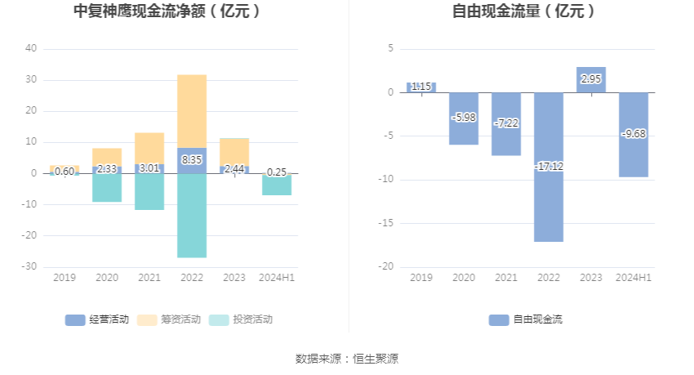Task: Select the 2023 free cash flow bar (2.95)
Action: (591, 80)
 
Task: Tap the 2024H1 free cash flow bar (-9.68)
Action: (634, 155)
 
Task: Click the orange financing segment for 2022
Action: (192, 111)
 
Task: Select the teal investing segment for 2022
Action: (192, 216)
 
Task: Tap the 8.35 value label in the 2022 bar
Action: (192, 160)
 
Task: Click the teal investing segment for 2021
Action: (149, 192)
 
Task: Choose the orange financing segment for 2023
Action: (234, 151)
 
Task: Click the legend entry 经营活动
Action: (97, 319)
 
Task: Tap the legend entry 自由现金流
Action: (526, 319)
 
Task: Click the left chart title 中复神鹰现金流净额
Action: (167, 11)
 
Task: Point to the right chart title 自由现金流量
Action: (523, 11)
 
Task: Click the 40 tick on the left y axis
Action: (31, 48)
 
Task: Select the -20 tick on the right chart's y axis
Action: (385, 267)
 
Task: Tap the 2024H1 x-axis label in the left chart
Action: (277, 278)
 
